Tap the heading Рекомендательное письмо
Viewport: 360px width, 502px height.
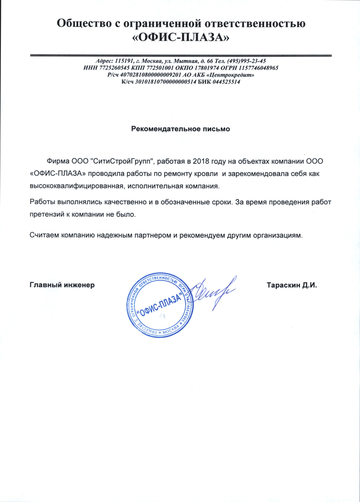(180, 129)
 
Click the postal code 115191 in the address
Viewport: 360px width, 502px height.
(125, 61)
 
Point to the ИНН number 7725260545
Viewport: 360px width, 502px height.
(112, 68)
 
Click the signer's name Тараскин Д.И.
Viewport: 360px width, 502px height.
(292, 285)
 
